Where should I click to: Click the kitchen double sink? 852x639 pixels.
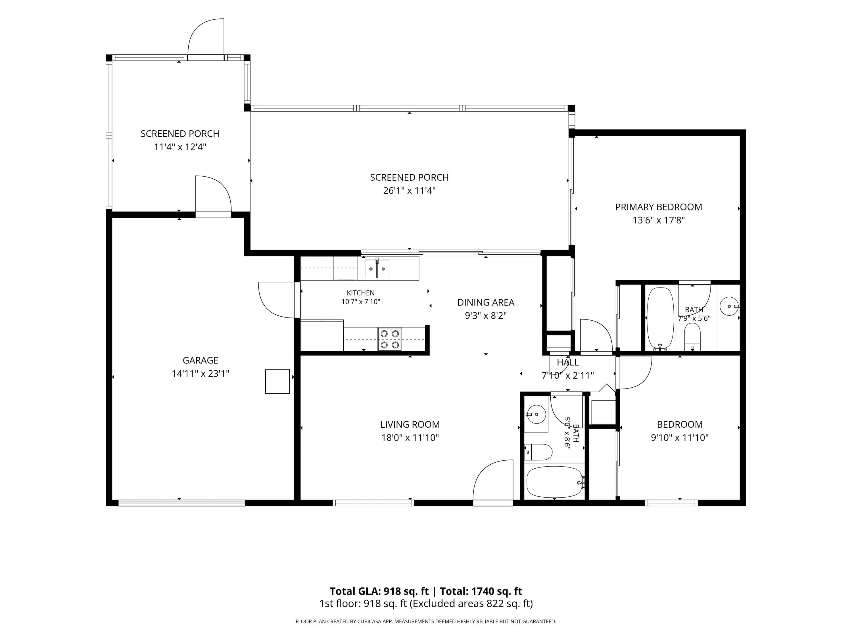pyautogui.click(x=377, y=268)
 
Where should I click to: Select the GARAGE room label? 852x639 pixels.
pyautogui.click(x=200, y=360)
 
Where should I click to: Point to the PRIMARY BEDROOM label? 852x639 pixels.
pyautogui.click(x=659, y=207)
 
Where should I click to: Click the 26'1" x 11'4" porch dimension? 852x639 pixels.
pyautogui.click(x=409, y=190)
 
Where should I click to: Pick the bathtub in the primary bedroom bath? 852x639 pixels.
pyautogui.click(x=660, y=318)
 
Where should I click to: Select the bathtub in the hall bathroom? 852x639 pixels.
pyautogui.click(x=555, y=482)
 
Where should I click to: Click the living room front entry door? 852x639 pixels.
pyautogui.click(x=493, y=481)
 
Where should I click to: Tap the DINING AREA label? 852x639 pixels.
pyautogui.click(x=486, y=302)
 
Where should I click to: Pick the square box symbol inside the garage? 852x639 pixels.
pyautogui.click(x=277, y=381)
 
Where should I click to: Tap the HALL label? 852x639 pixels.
pyautogui.click(x=568, y=362)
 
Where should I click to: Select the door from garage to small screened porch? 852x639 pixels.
pyautogui.click(x=213, y=197)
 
